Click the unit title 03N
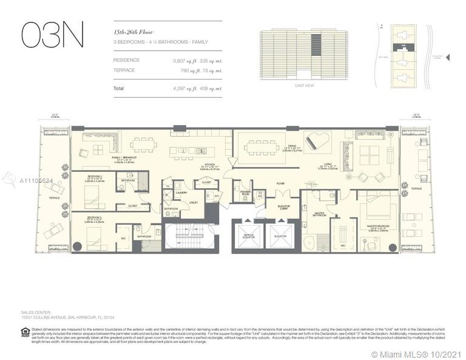pyautogui.click(x=52, y=35)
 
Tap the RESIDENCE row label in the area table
pyautogui.click(x=126, y=60)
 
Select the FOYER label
pyautogui.click(x=280, y=183)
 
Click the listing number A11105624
pyautogui.click(x=36, y=181)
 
